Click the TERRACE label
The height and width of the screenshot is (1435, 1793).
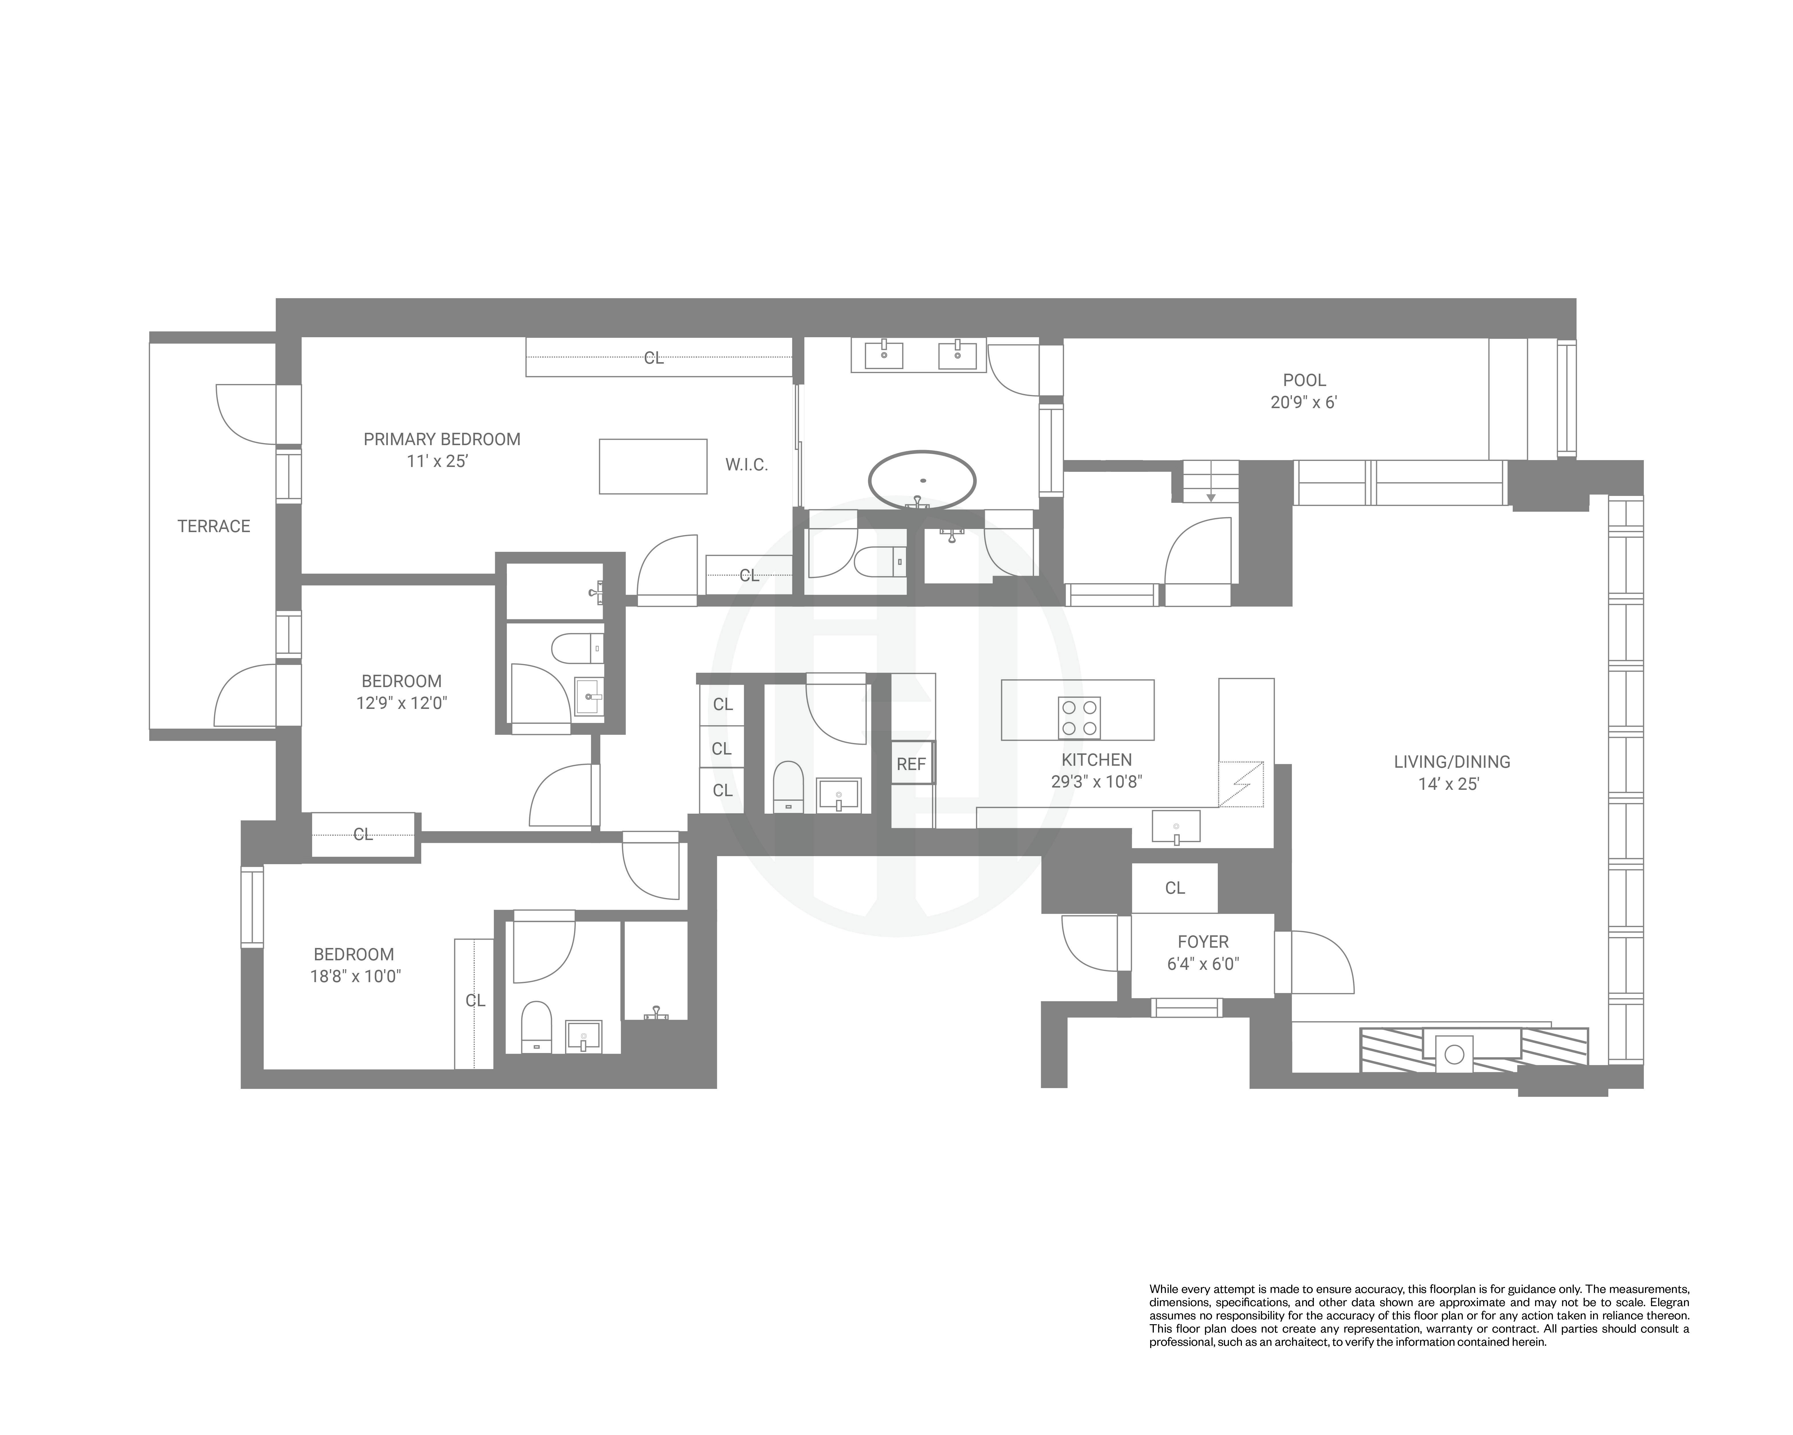[x=214, y=526]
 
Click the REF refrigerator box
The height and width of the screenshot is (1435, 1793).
[x=911, y=764]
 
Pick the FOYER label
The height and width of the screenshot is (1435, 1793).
[x=1203, y=942]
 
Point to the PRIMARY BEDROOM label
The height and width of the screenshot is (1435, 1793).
[x=442, y=439]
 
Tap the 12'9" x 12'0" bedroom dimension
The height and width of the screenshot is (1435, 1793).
[x=402, y=703]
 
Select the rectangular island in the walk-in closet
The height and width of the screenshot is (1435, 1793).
[x=653, y=467]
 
